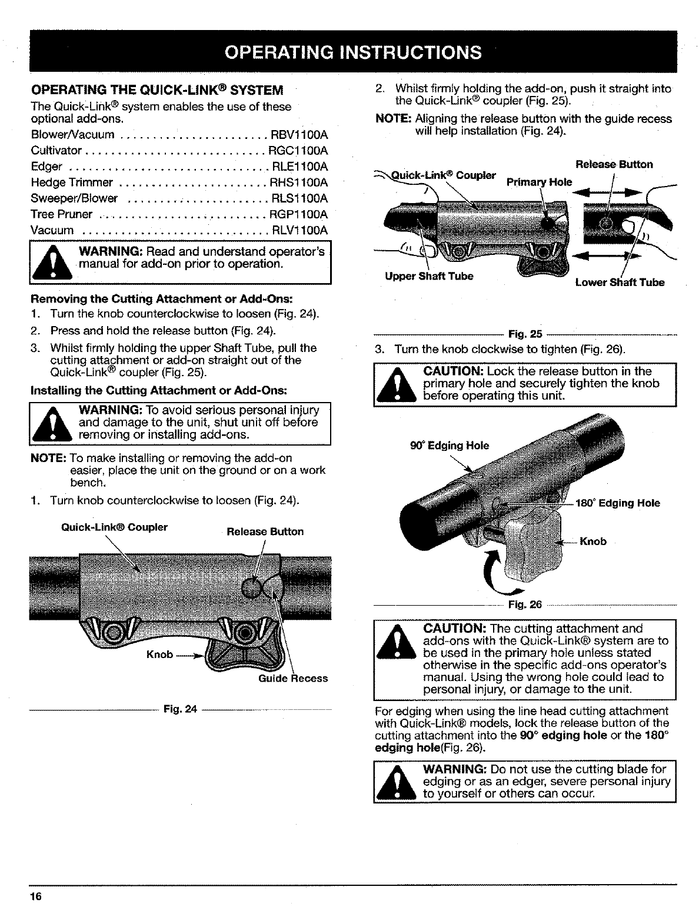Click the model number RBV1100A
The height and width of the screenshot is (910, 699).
299,135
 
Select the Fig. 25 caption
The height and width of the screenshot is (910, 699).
525,334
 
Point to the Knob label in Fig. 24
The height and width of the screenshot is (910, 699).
159,654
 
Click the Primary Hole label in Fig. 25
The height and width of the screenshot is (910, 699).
539,182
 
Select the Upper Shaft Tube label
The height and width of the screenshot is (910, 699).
429,276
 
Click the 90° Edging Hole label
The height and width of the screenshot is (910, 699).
449,446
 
